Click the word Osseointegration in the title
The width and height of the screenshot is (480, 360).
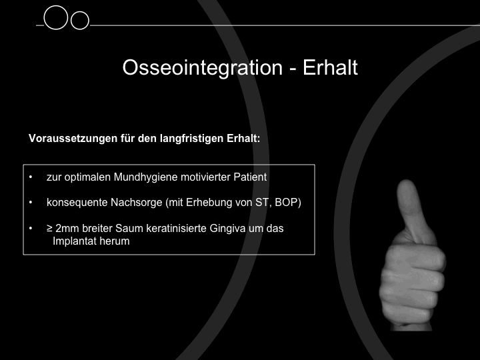click(203, 68)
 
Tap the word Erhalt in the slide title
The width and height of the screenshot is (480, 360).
click(330, 67)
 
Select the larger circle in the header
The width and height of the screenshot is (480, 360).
click(56, 18)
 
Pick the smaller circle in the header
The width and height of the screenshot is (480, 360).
click(80, 21)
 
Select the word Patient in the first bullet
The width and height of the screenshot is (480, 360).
click(250, 177)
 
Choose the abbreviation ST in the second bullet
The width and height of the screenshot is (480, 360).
click(262, 203)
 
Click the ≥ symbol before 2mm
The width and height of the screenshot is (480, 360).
click(49, 229)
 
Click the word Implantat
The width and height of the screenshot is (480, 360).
click(75, 241)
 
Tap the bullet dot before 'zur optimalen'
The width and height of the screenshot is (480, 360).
click(30, 177)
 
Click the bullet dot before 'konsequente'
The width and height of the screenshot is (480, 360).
click(30, 203)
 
